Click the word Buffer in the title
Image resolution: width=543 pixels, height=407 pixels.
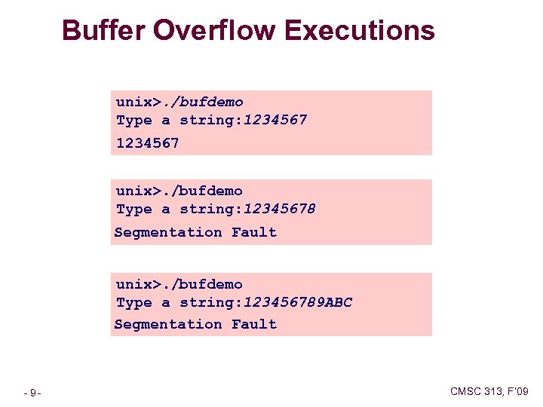[x=103, y=31]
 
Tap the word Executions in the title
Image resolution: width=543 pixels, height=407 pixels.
[x=360, y=31]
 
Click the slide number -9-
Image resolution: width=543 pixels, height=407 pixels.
[x=32, y=392]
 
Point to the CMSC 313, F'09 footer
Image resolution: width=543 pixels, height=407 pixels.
[x=489, y=390]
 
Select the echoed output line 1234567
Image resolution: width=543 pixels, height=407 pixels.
[x=147, y=142]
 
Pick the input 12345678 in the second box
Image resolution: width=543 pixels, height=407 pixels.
[x=279, y=209]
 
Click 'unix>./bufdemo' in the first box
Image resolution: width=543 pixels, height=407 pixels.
[x=179, y=101]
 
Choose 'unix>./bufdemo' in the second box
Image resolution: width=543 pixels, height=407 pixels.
[x=179, y=191]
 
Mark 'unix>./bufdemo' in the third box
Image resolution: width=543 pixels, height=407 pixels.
[x=179, y=284]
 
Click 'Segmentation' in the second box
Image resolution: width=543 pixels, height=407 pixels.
[x=168, y=232]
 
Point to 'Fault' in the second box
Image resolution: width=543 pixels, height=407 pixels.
[x=254, y=232]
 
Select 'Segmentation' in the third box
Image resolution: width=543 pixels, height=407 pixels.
[x=168, y=324]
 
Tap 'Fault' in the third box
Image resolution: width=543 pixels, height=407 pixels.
[x=254, y=324]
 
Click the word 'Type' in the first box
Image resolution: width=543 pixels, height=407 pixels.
[x=134, y=120]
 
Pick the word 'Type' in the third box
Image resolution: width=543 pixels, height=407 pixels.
[x=134, y=302]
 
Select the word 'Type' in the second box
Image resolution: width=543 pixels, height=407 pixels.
[x=134, y=209]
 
